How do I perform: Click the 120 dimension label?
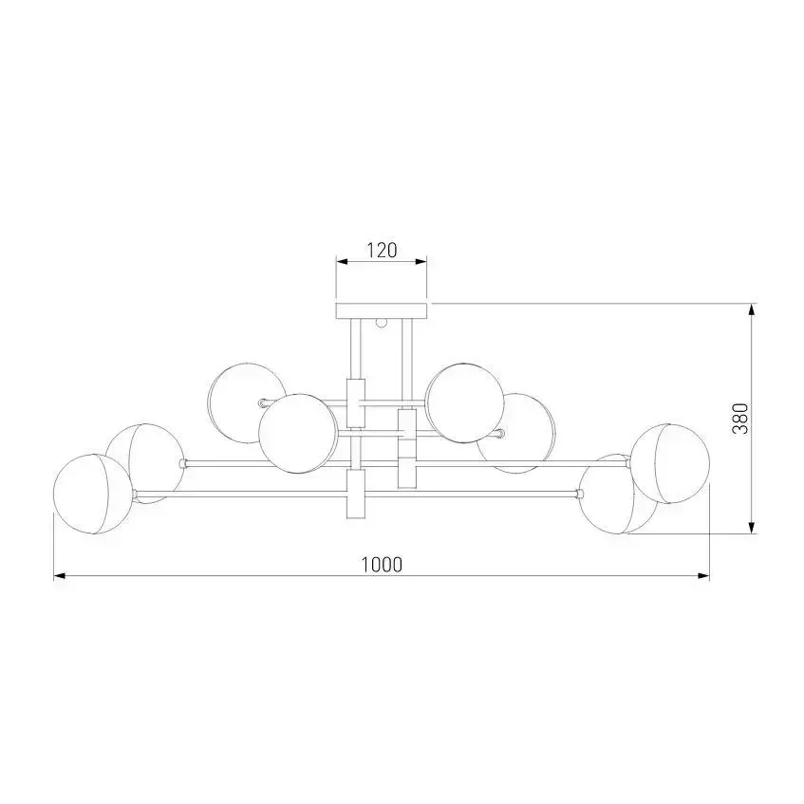point(382,251)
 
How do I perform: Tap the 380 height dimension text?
point(740,419)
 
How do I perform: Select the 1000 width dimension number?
point(382,565)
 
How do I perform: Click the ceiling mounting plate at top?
point(382,311)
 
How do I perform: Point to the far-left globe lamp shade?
point(93,494)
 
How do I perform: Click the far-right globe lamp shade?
point(670,463)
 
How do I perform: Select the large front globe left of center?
point(298,434)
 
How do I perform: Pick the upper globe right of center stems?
point(465,403)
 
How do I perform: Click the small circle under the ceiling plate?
point(381,323)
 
